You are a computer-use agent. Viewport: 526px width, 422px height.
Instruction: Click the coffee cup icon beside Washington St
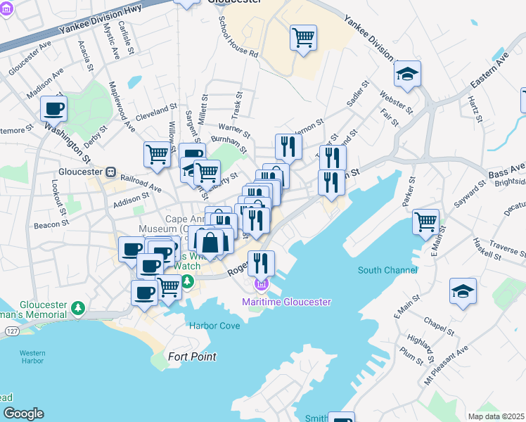(53, 109)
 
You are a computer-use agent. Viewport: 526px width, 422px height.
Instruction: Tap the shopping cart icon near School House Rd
(303, 38)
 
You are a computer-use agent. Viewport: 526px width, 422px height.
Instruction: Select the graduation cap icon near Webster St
(407, 74)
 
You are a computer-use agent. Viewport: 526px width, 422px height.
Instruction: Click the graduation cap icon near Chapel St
(463, 290)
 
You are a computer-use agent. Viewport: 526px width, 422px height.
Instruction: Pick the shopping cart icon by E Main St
(426, 222)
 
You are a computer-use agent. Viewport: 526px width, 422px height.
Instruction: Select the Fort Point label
(192, 357)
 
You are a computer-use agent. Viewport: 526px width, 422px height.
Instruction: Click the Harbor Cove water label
(214, 326)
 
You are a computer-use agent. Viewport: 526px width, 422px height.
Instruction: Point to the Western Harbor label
(33, 357)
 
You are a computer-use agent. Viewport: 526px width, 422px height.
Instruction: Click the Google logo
(23, 414)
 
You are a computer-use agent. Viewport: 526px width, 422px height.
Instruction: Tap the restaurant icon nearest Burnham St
(288, 146)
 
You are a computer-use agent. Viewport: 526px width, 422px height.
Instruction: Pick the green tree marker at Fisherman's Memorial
(77, 308)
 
